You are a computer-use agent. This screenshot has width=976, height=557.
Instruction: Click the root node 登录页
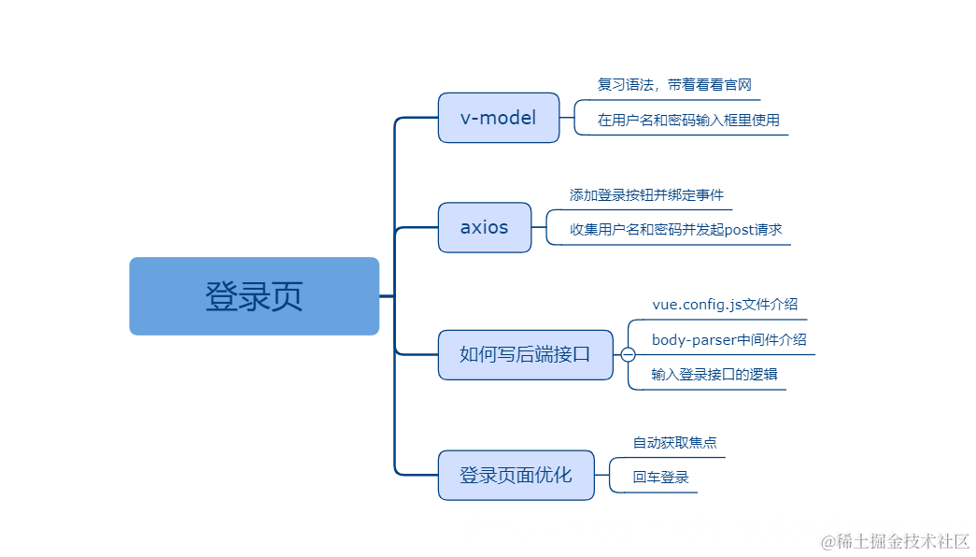pyautogui.click(x=254, y=296)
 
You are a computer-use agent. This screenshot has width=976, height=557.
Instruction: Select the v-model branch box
pyautogui.click(x=499, y=118)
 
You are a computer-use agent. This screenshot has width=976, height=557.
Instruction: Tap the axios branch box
pyautogui.click(x=485, y=227)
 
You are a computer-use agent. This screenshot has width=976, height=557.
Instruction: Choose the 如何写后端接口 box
pyautogui.click(x=525, y=354)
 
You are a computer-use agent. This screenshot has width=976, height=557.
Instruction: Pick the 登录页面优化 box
pyautogui.click(x=516, y=475)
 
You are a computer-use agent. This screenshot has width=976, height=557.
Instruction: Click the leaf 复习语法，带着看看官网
pyautogui.click(x=674, y=85)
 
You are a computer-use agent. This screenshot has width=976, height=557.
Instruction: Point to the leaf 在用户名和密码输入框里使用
pyautogui.click(x=688, y=120)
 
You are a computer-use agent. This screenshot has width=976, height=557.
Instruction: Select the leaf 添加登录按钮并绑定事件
pyautogui.click(x=646, y=195)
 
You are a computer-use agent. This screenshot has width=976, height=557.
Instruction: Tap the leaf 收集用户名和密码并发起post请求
pyautogui.click(x=675, y=229)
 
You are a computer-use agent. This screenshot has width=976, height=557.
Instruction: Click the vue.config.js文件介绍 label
pyautogui.click(x=724, y=305)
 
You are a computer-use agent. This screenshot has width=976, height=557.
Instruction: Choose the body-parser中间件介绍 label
pyautogui.click(x=728, y=339)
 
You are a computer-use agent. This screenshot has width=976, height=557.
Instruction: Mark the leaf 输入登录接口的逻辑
pyautogui.click(x=714, y=374)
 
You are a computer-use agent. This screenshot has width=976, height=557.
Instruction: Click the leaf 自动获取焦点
pyautogui.click(x=674, y=442)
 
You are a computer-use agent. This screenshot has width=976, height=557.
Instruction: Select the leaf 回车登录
pyautogui.click(x=660, y=478)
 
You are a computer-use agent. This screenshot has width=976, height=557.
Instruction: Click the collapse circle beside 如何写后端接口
pyautogui.click(x=629, y=355)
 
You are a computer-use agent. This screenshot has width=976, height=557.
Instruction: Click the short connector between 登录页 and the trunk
pyautogui.click(x=387, y=296)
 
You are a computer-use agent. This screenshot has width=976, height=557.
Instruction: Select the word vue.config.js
pyautogui.click(x=696, y=305)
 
